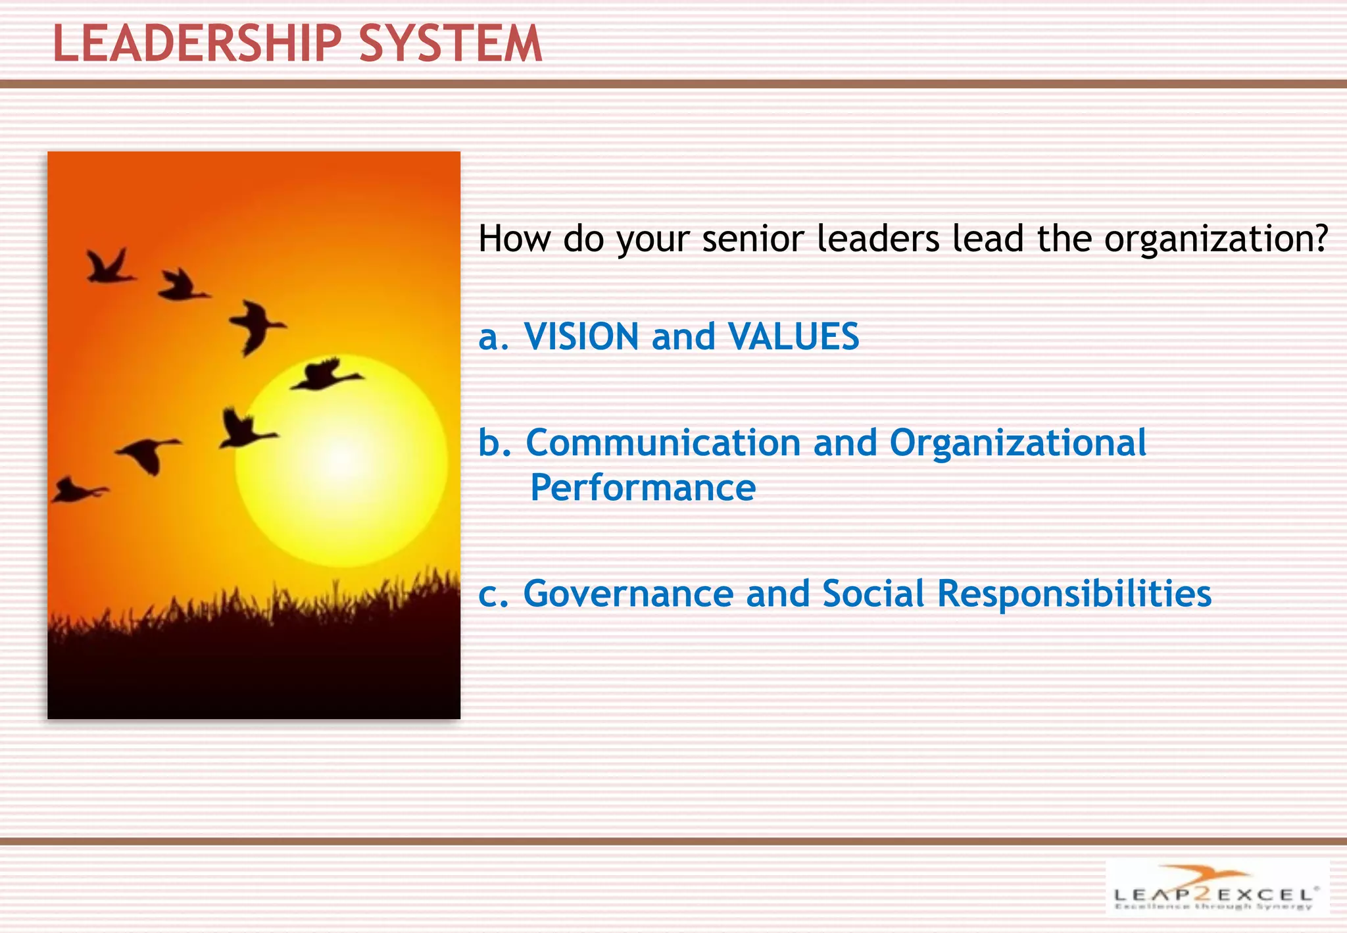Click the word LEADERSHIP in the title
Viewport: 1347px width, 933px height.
(197, 43)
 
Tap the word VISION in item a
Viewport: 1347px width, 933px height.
(581, 337)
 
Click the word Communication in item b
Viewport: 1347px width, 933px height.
(663, 443)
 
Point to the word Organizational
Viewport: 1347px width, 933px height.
(1017, 443)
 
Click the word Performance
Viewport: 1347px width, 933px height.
(643, 488)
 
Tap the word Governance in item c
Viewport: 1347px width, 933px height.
(628, 594)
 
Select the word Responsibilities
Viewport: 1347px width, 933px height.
(1073, 594)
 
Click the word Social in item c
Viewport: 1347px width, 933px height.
(873, 594)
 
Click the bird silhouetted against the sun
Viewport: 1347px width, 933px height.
(326, 375)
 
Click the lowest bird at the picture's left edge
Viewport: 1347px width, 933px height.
(76, 491)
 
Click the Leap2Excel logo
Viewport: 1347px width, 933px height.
(1215, 888)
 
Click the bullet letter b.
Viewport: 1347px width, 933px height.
(494, 443)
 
